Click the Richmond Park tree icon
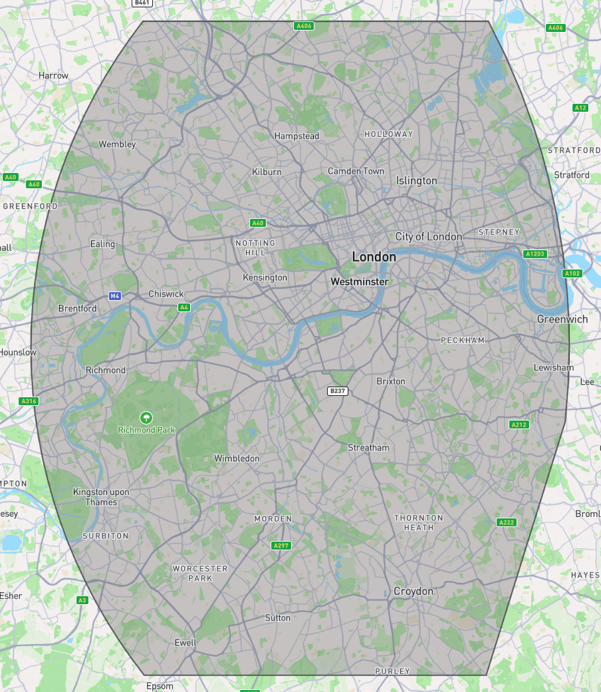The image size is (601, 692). tap(146, 417)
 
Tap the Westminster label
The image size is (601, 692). tap(359, 281)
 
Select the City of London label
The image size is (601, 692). tap(428, 236)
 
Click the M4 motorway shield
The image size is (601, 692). tap(115, 295)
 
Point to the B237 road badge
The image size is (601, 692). tap(338, 391)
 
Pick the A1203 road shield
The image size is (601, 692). tap(535, 254)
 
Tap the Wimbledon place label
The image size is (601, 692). tap(237, 458)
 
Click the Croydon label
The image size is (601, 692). tap(413, 591)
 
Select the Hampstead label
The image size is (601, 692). tap(297, 136)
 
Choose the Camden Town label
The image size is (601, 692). tap(356, 171)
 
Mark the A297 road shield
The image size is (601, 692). tap(281, 546)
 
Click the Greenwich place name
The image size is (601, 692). tap(562, 319)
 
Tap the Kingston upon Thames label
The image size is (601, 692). tap(101, 497)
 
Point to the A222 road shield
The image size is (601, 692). tap(507, 522)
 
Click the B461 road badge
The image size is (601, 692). tap(142, 3)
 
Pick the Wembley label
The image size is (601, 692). tap(117, 144)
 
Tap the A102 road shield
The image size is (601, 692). tap(571, 273)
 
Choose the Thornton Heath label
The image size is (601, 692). tap(419, 522)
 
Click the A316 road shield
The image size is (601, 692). tap(29, 401)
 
